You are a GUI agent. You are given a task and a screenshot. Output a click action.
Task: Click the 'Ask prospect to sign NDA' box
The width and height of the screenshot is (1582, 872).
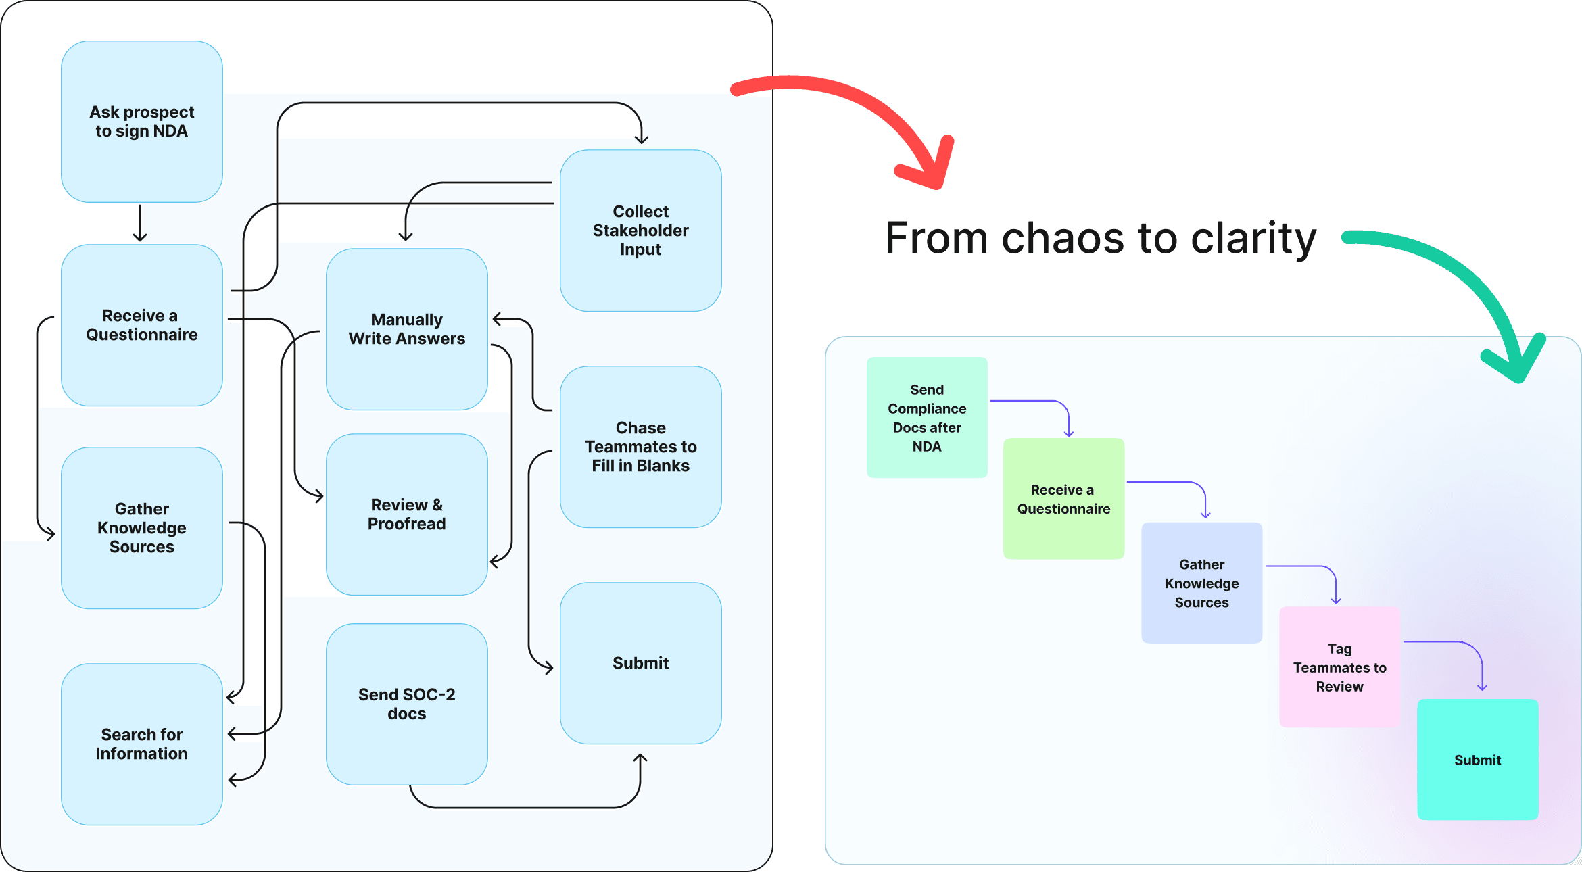[x=141, y=122]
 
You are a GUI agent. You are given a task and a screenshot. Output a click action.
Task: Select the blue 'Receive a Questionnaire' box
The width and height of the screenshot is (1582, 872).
[x=141, y=325]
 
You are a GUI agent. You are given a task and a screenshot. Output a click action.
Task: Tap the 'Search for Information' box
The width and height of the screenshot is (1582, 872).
[x=141, y=744]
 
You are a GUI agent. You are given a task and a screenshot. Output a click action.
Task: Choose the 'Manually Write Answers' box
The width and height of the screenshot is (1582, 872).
[x=406, y=329]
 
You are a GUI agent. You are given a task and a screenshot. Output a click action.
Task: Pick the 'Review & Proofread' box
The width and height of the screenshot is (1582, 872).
[x=406, y=514]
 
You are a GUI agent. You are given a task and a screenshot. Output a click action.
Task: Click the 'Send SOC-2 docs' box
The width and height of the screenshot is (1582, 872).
[x=406, y=704]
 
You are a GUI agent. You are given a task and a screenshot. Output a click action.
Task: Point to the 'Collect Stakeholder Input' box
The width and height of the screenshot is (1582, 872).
[x=640, y=231]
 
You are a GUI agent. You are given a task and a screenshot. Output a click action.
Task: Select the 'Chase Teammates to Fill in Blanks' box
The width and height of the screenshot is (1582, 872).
[x=640, y=447]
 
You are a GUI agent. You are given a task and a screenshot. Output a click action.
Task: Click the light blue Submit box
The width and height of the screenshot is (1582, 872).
[x=640, y=663]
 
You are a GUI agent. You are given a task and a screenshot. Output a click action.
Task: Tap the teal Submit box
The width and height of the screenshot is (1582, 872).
[x=1477, y=760]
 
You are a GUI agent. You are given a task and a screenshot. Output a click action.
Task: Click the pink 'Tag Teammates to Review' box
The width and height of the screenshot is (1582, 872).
[x=1339, y=667]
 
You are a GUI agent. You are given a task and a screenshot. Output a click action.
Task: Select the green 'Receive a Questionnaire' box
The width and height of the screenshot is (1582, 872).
[x=1063, y=499]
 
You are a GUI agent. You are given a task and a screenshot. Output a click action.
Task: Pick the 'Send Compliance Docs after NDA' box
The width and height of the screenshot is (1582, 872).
[x=927, y=418]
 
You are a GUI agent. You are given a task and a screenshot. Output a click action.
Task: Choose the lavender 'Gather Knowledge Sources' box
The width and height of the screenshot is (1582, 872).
[x=1201, y=583]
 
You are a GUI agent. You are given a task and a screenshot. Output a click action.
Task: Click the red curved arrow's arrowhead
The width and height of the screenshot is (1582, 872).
[x=933, y=169]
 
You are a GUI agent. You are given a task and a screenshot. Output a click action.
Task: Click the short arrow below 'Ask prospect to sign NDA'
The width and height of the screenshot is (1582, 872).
[x=140, y=223]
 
